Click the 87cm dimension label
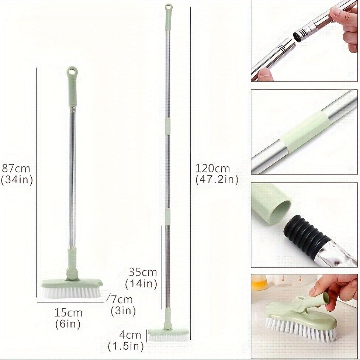coord(16,169)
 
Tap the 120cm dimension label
coord(212,169)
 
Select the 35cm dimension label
coord(143,272)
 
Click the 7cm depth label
coord(122,299)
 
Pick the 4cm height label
coord(130,335)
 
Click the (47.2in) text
coord(217,180)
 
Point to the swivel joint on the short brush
coord(72,274)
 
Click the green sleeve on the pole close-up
coord(305,131)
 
